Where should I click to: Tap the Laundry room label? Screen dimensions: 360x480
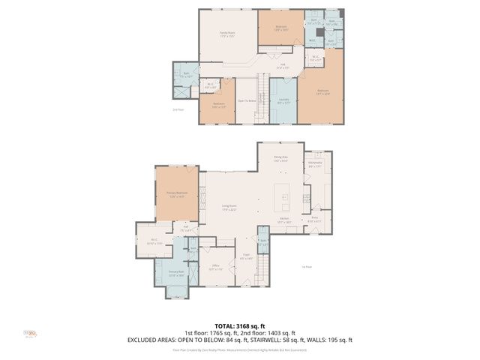point(284,100)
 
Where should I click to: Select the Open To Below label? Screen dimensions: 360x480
point(247,100)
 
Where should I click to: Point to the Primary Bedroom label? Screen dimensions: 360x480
point(176,194)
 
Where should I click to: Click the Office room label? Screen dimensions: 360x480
point(214,267)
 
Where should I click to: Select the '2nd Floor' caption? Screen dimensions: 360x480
point(178,109)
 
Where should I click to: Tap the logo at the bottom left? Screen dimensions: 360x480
point(30,334)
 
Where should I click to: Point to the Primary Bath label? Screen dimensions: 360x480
point(175,274)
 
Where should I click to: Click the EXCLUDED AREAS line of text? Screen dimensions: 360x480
point(239,340)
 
